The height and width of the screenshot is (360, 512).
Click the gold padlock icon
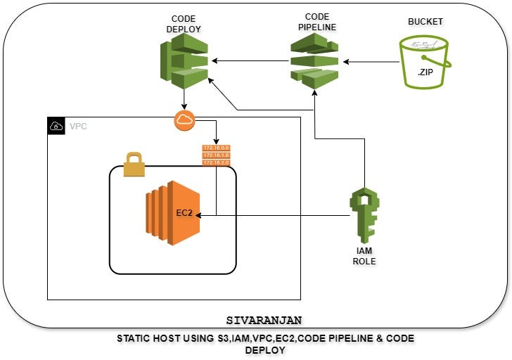pos(134,164)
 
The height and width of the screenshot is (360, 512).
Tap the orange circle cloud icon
pos(184,120)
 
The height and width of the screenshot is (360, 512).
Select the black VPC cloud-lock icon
pos(56,127)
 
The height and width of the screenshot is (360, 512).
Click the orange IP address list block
pos(215,155)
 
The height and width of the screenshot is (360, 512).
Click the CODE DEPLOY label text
pos(184,24)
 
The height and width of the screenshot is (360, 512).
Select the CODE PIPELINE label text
pos(317,22)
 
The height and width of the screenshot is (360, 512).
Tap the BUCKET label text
pos(425,22)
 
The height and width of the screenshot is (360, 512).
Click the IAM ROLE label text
pos(364,256)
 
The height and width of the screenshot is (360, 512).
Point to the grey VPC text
pos(78,127)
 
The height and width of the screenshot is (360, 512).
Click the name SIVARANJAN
pos(264,320)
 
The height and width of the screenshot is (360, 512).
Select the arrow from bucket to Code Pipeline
pos(369,62)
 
